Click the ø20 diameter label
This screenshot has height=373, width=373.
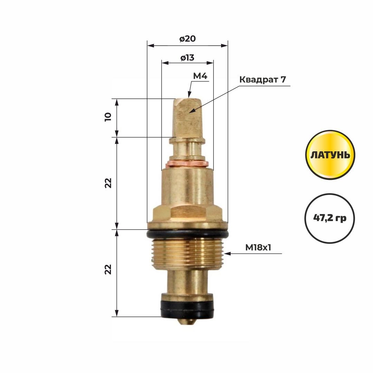[x=188, y=39]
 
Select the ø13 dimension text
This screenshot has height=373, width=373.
[x=188, y=58]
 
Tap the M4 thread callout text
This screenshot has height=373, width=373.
[x=200, y=76]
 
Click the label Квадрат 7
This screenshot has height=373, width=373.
[x=262, y=79]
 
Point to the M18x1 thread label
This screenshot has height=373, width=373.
[x=258, y=248]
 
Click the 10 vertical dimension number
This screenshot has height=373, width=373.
[x=108, y=117]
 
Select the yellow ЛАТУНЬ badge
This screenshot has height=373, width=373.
[x=330, y=155]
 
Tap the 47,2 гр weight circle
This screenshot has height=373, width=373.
[x=330, y=218]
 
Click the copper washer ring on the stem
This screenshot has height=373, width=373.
[x=187, y=164]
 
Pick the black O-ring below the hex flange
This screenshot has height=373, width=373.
[x=188, y=233]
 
